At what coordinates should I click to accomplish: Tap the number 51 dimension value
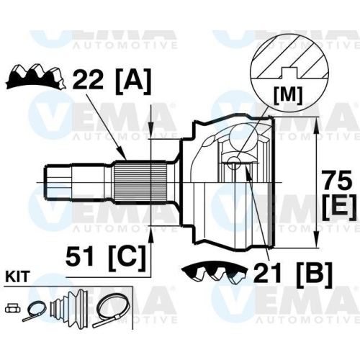coord(83,255)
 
